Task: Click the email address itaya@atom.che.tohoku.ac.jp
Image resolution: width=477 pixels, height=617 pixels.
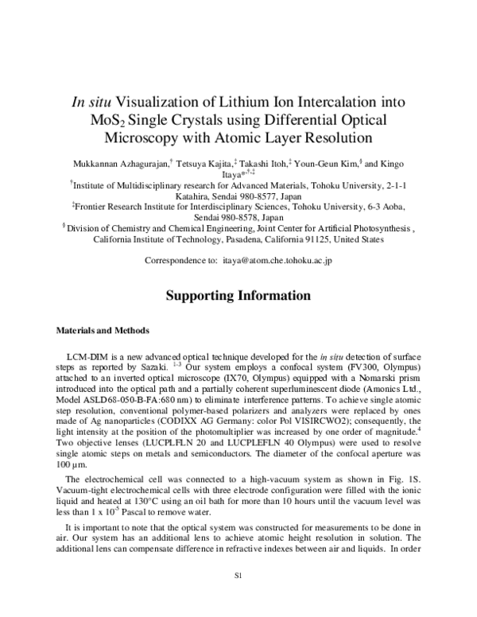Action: [x=277, y=260]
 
